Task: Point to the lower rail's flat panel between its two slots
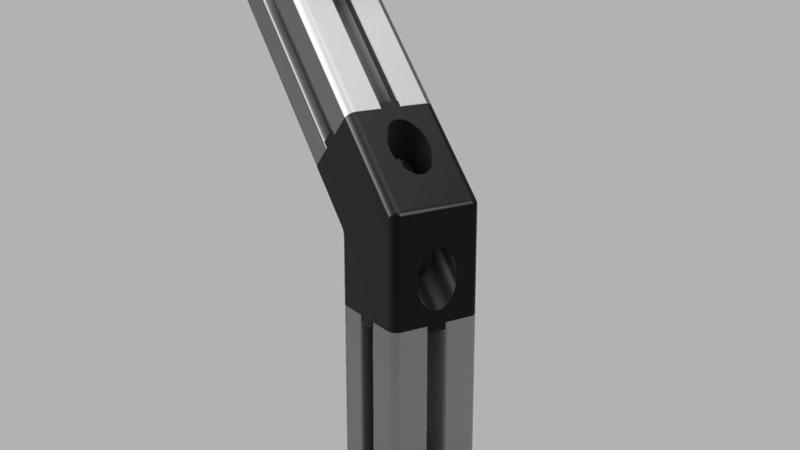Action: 401,390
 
